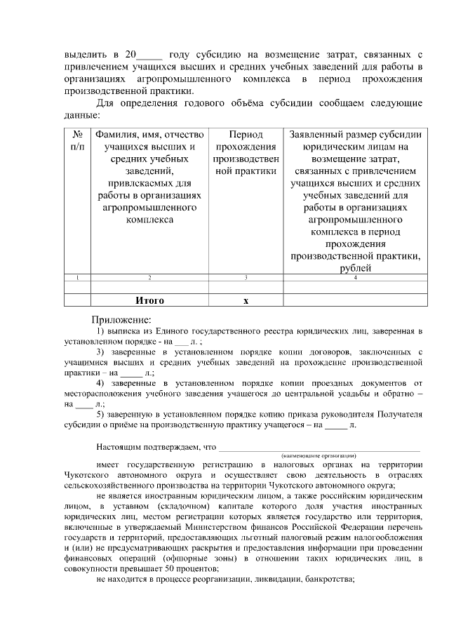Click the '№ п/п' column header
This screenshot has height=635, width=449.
(x=78, y=140)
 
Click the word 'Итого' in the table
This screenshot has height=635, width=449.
(x=149, y=300)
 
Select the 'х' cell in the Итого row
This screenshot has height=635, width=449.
(x=246, y=300)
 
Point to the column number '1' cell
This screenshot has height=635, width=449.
(x=78, y=278)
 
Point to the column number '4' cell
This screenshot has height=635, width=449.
(x=355, y=278)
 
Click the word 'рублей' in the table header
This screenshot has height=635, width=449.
(x=355, y=268)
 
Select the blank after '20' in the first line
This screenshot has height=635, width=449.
(x=150, y=54)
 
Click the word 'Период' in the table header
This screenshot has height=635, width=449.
(x=246, y=135)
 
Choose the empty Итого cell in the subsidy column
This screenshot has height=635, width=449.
(x=355, y=300)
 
